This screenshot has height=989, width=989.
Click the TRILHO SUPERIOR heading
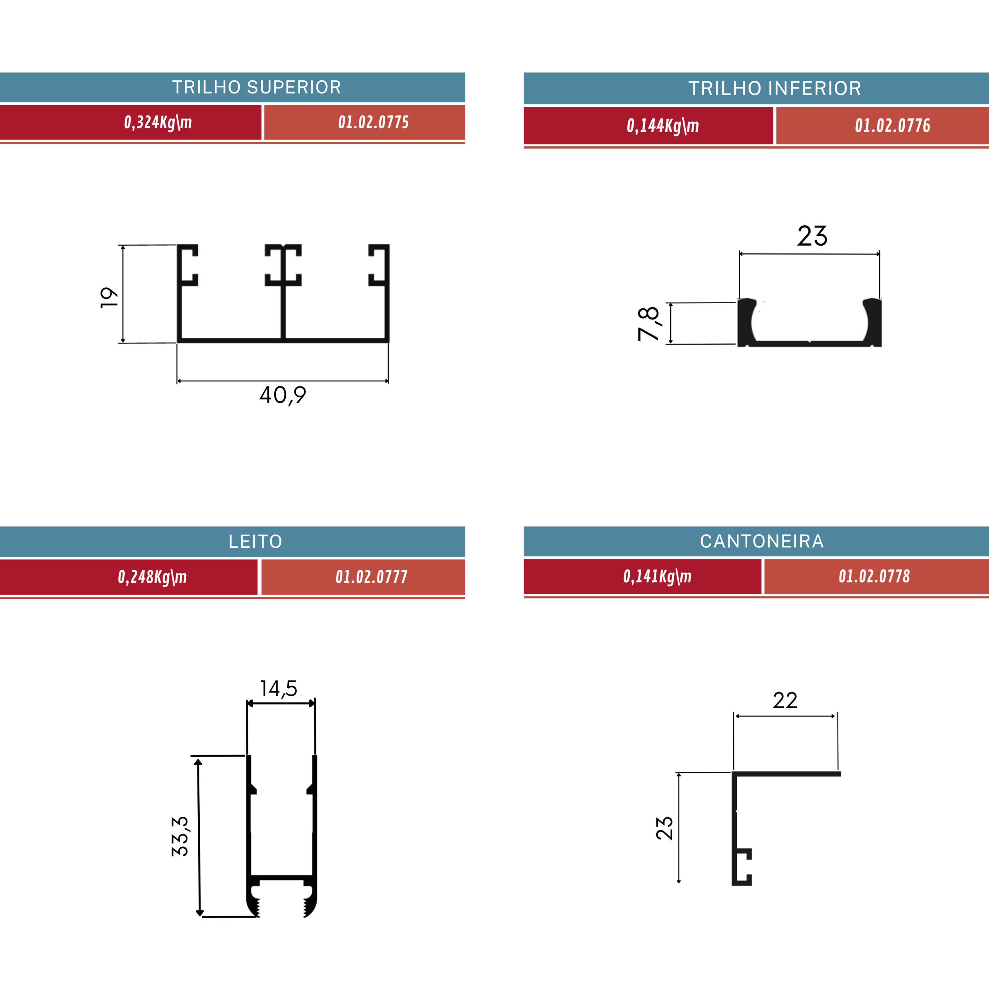(257, 88)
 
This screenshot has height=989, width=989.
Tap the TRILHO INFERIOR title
(775, 88)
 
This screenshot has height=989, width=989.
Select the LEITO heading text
(255, 542)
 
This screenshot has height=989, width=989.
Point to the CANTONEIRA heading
(762, 541)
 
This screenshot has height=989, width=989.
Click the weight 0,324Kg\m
(158, 122)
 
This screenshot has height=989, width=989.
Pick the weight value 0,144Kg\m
(663, 126)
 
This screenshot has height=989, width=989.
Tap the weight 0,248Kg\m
(153, 577)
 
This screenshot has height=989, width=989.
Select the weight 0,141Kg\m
(657, 576)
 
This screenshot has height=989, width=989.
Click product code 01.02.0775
(374, 122)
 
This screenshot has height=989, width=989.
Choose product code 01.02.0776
(893, 126)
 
